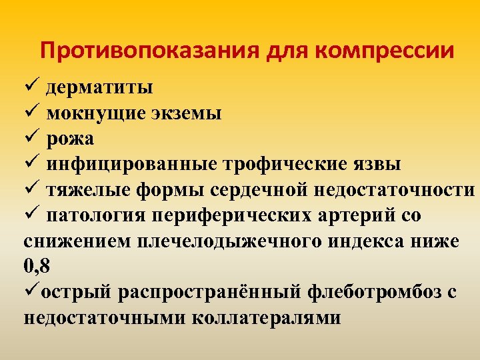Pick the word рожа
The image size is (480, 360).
click(x=70, y=138)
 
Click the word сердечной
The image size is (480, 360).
click(x=253, y=189)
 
